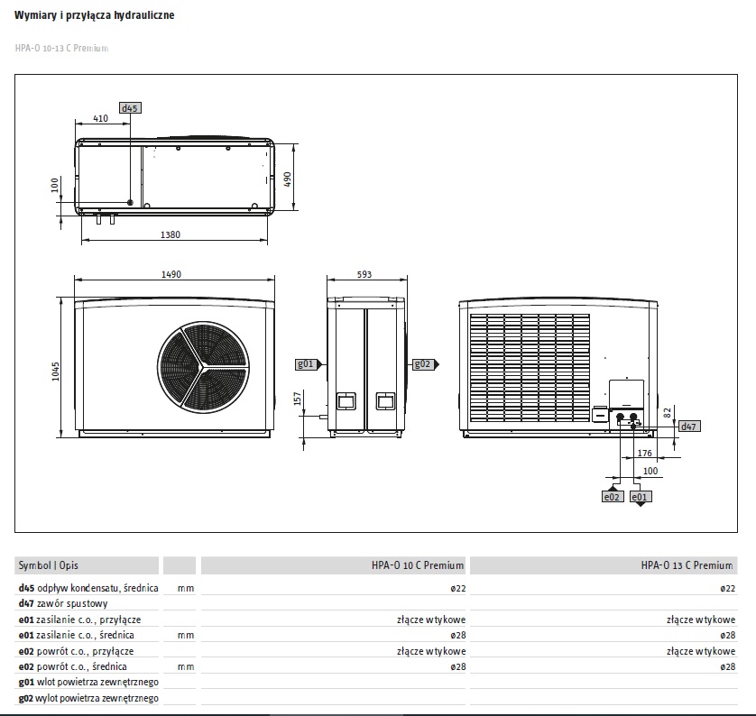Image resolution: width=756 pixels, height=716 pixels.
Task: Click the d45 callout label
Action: [x=130, y=108]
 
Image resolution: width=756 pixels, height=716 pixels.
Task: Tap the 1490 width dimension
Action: [x=171, y=274]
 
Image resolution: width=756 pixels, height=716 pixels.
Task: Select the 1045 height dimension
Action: [x=55, y=372]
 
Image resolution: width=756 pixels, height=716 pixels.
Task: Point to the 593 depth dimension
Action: [x=364, y=274]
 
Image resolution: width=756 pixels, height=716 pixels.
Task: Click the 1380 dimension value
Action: [x=171, y=234]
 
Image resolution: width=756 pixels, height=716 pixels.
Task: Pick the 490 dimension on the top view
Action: [x=288, y=179]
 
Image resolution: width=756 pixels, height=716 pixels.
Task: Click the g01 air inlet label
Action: [x=306, y=364]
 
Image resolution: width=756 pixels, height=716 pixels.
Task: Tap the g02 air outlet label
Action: [x=423, y=364]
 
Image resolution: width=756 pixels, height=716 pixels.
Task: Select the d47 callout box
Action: [x=689, y=427]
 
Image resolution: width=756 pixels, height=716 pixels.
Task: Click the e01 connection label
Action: [x=641, y=497]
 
